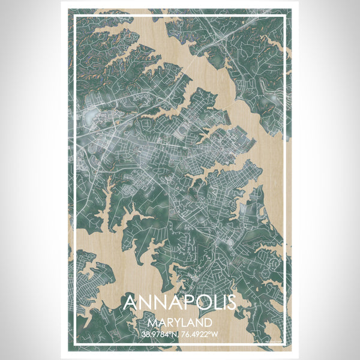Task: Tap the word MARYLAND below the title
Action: (179, 322)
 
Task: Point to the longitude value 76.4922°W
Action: (199, 334)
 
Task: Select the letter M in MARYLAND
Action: (149, 322)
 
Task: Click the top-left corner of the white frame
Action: (73, 14)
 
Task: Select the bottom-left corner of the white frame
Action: (73, 345)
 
